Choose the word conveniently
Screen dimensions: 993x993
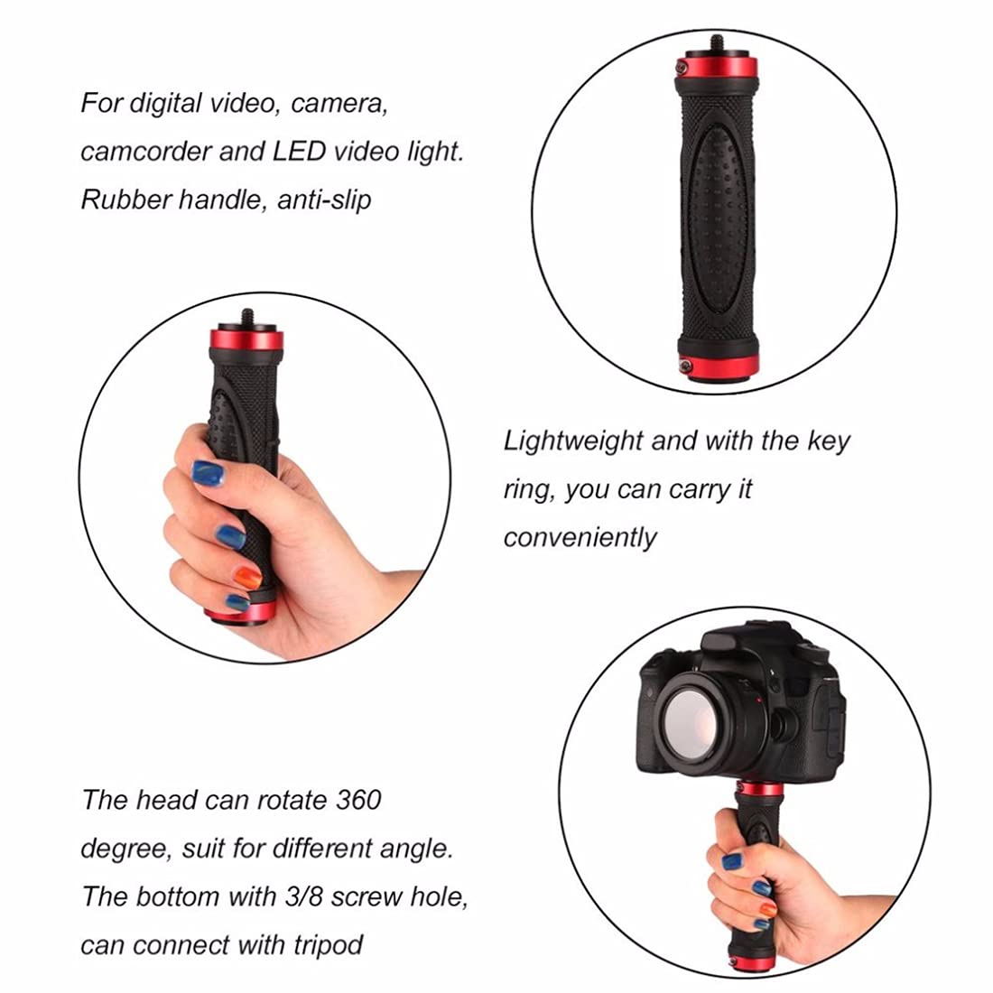point(580,538)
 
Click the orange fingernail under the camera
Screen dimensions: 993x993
point(767,910)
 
